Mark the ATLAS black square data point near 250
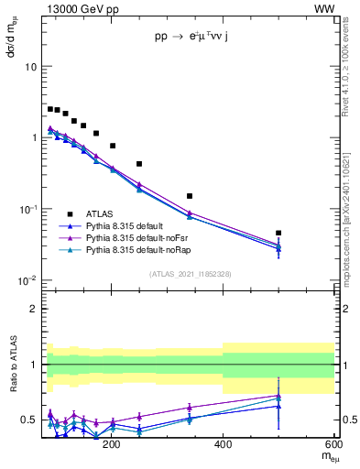139,164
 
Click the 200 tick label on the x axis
112,444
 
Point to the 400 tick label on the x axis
223,444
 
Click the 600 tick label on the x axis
332,444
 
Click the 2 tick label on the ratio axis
34,309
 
